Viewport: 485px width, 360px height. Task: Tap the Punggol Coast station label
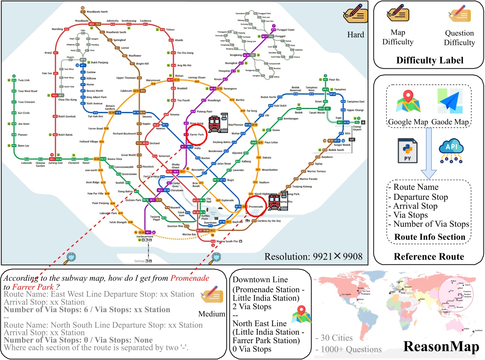pyautogui.click(x=285, y=30)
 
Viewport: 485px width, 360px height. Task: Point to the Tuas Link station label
pyautogui.click(x=24, y=80)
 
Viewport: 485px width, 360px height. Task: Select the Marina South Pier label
pyautogui.click(x=228, y=241)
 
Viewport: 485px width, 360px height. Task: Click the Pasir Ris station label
pyautogui.click(x=334, y=80)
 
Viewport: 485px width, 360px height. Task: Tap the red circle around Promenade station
pyautogui.click(x=256, y=206)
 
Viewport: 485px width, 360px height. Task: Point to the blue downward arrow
pyautogui.click(x=429, y=153)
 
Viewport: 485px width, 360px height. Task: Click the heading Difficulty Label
pyautogui.click(x=430, y=60)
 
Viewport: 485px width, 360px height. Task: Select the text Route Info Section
pyautogui.click(x=430, y=237)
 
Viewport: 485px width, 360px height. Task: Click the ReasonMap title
pyautogui.click(x=441, y=347)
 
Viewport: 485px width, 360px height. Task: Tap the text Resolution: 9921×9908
pyautogui.click(x=313, y=257)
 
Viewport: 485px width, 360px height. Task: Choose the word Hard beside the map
pyautogui.click(x=356, y=35)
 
